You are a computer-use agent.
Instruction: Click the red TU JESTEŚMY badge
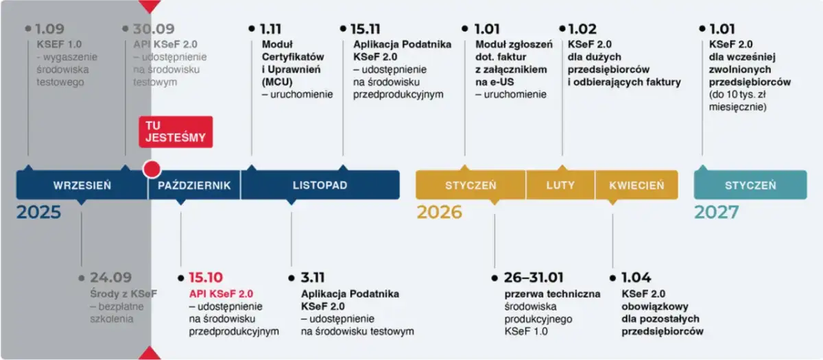(176, 132)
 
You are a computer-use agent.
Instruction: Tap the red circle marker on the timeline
(152, 169)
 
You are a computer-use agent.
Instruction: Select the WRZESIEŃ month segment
(82, 185)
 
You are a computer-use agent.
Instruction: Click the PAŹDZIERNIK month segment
(195, 185)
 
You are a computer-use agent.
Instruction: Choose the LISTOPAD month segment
(320, 185)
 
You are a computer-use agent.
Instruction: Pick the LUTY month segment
(560, 185)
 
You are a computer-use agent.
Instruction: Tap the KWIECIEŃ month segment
(636, 185)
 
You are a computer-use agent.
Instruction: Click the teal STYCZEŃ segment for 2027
(750, 185)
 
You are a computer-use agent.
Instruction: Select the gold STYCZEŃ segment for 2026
(470, 185)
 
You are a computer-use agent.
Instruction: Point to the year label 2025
(39, 213)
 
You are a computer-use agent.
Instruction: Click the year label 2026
(440, 213)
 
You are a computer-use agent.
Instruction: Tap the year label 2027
(717, 213)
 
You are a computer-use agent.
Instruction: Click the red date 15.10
(205, 278)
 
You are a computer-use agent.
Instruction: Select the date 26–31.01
(534, 278)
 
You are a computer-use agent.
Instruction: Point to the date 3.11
(313, 278)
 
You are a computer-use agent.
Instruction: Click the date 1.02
(582, 29)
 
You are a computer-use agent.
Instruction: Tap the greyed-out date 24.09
(111, 278)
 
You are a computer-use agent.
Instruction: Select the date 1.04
(636, 278)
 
